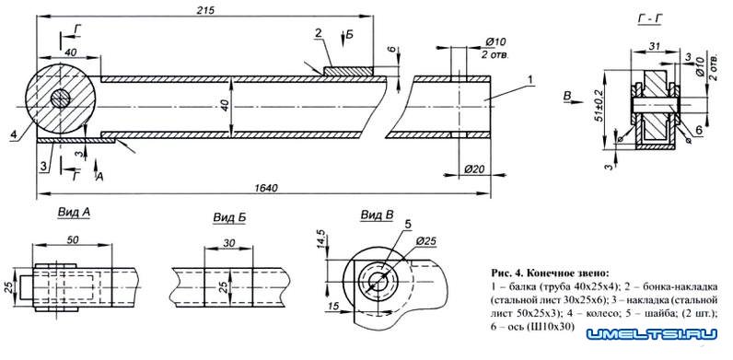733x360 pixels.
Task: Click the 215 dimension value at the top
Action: (x=205, y=10)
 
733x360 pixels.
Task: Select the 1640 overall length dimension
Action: (x=266, y=188)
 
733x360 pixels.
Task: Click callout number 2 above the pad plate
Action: (x=318, y=33)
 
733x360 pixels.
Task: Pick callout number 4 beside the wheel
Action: (x=15, y=134)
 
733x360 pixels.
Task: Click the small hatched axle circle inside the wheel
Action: (x=60, y=99)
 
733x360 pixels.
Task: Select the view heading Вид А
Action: (x=75, y=213)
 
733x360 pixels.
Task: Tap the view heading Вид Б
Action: (x=229, y=217)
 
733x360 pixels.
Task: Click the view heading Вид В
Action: (x=377, y=215)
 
